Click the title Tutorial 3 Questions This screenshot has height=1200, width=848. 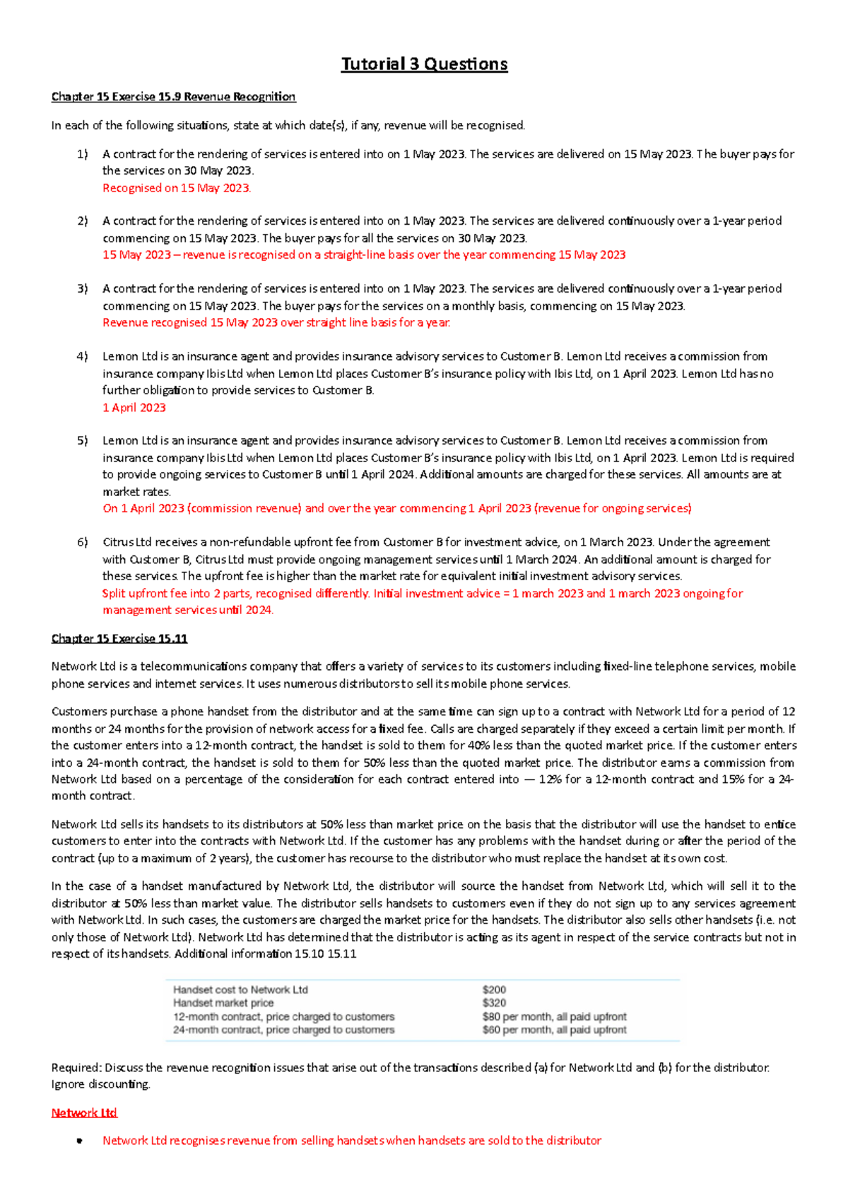point(424,64)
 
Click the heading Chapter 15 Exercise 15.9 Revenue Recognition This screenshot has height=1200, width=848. point(173,97)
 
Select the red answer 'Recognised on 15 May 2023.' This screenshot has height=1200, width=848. point(177,188)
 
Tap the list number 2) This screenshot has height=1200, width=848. point(83,221)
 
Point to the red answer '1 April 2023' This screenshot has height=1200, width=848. point(134,408)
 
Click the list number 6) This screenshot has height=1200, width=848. point(83,543)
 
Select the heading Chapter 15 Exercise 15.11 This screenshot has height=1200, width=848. point(119,639)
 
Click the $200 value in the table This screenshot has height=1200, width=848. point(494,990)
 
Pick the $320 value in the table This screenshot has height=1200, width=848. point(494,1004)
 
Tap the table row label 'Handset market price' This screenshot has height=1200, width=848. point(223,1004)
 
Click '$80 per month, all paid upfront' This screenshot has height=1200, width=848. point(554,1017)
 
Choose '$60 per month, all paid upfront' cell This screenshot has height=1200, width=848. point(554,1030)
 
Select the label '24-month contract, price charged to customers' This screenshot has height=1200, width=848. point(283,1030)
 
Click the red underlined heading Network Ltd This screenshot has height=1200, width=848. point(83,1113)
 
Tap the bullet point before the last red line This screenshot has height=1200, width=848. point(80,1141)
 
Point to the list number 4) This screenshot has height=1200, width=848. point(83,357)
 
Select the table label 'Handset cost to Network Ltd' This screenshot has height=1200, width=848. point(240,990)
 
